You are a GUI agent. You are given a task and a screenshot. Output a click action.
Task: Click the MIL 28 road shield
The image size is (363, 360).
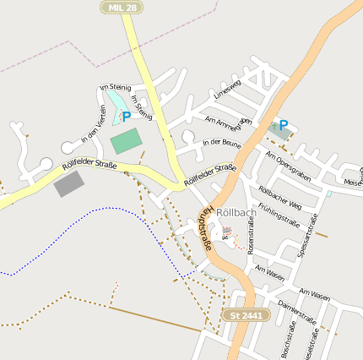pyautogui.click(x=122, y=7)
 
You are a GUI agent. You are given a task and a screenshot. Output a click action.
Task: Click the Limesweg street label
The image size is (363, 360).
pyautogui.click(x=228, y=90)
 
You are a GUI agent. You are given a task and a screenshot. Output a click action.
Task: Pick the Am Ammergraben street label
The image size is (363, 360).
pyautogui.click(x=228, y=123)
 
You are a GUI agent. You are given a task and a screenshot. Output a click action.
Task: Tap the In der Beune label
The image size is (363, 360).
pyautogui.click(x=223, y=142)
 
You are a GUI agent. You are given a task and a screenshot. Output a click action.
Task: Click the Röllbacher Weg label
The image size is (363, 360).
pyautogui.click(x=279, y=195)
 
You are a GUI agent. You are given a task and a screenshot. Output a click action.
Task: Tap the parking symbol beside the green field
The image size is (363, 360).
pyautogui.click(x=126, y=117)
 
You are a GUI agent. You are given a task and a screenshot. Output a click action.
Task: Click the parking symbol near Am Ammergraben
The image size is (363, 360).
pyautogui.click(x=283, y=123)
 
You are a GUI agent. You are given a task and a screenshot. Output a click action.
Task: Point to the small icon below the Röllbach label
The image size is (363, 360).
pyautogui.click(x=226, y=230)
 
